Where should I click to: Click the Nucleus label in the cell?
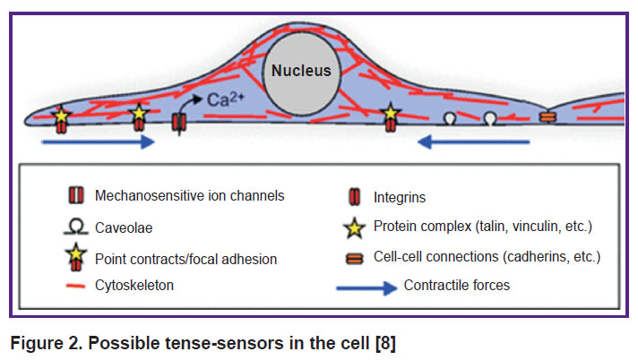click(x=301, y=71)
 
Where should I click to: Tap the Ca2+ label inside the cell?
click(x=226, y=99)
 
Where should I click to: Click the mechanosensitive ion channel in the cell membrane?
click(x=179, y=122)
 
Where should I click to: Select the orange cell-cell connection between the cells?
click(x=547, y=117)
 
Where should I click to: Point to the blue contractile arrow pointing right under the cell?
click(x=99, y=142)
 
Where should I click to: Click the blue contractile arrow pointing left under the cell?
click(x=474, y=142)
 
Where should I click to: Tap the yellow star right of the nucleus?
click(x=391, y=113)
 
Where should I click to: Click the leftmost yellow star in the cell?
click(x=61, y=116)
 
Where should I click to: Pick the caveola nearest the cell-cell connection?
click(x=490, y=118)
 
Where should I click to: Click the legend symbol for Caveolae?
click(x=76, y=227)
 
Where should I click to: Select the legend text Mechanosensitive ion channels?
click(x=190, y=195)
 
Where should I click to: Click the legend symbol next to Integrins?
click(x=355, y=197)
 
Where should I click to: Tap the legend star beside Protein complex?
click(x=355, y=227)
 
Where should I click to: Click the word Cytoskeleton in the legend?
click(x=134, y=285)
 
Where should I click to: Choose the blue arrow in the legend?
click(x=366, y=288)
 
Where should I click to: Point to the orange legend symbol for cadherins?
click(x=355, y=259)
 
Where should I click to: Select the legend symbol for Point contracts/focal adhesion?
click(x=76, y=258)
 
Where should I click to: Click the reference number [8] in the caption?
click(x=385, y=343)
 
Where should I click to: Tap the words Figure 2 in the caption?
click(x=47, y=343)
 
